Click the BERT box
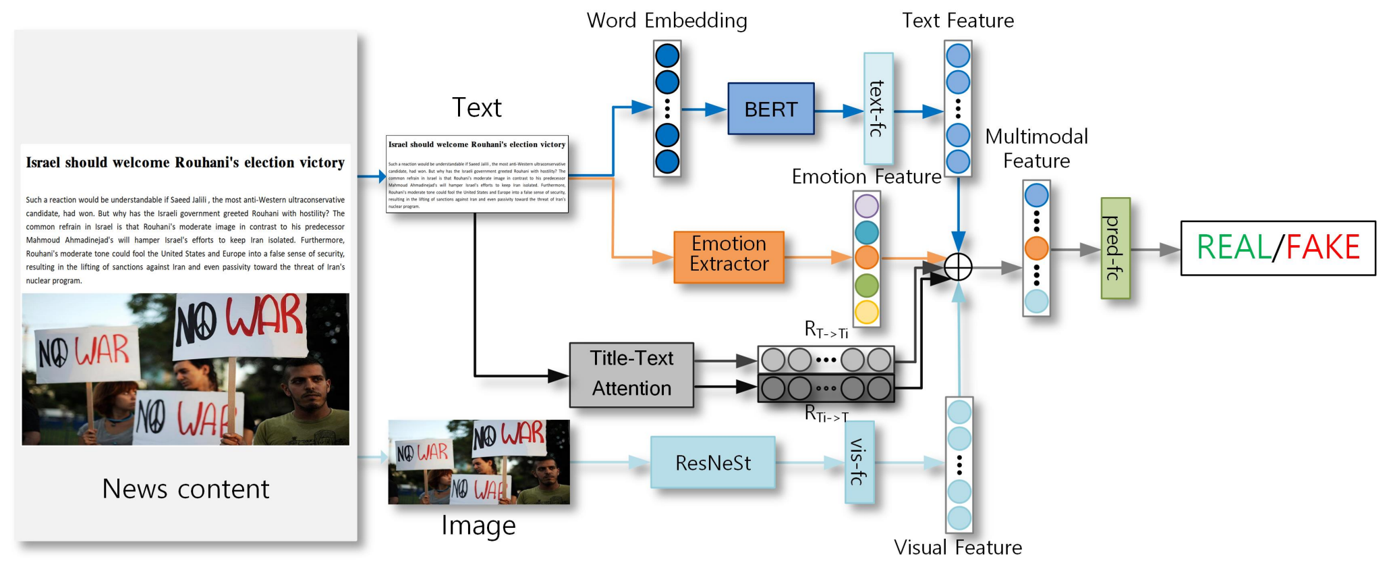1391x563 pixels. (770, 109)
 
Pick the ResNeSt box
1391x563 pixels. (712, 462)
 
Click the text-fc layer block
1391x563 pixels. (878, 109)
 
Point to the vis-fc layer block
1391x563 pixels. (859, 462)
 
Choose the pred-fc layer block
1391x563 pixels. (1115, 248)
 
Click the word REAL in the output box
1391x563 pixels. (1234, 248)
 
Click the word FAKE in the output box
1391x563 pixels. (1323, 248)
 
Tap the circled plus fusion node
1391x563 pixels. (958, 267)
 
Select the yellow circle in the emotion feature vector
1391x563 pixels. (867, 312)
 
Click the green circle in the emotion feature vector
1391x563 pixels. (867, 285)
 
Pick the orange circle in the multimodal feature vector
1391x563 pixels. (1036, 248)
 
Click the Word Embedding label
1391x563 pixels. (666, 20)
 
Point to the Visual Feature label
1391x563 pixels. (958, 547)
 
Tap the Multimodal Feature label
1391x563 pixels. (1036, 149)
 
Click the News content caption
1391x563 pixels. (186, 488)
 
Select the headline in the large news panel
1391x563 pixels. (185, 163)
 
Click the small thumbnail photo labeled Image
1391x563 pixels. (479, 462)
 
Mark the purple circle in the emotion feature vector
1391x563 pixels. (867, 206)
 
